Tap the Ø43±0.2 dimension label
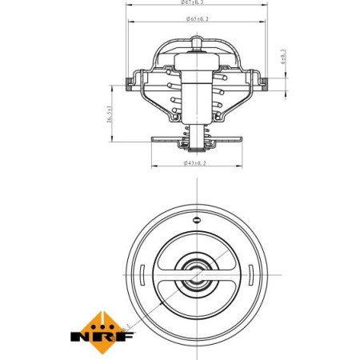194,163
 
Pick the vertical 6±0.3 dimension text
282,59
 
